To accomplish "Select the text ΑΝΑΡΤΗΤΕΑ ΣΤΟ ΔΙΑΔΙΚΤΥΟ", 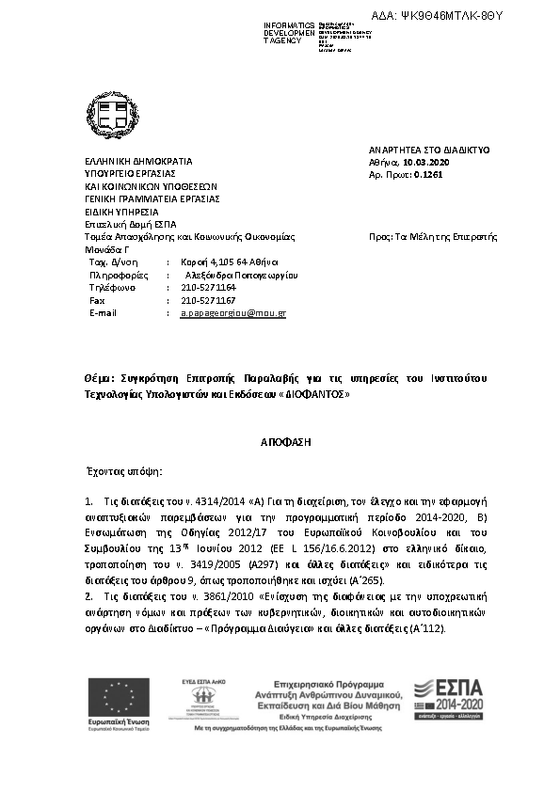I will (429, 150).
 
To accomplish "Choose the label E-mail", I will (103, 312).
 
